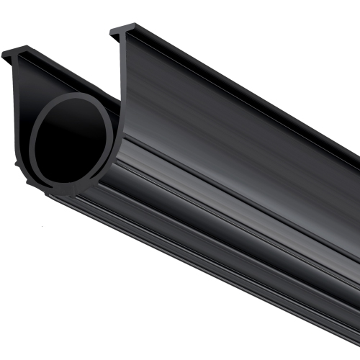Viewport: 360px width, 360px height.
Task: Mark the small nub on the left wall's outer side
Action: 18,167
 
